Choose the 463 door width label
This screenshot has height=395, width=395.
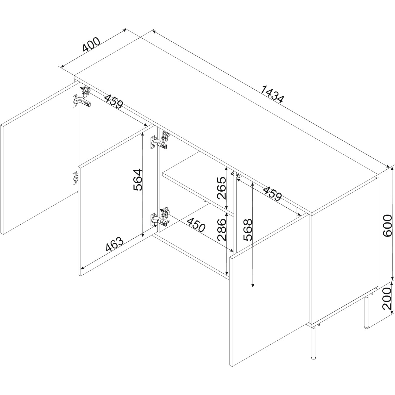[114, 244]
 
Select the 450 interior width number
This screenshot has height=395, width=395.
[196, 225]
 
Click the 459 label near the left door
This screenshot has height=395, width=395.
[114, 101]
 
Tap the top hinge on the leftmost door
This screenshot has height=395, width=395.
[81, 101]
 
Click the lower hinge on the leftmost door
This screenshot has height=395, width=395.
[76, 178]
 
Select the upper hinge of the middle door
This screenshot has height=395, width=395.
[159, 142]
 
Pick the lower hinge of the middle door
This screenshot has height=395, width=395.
[159, 219]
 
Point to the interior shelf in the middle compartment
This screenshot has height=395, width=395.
[198, 181]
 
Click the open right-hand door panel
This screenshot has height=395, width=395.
[269, 290]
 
